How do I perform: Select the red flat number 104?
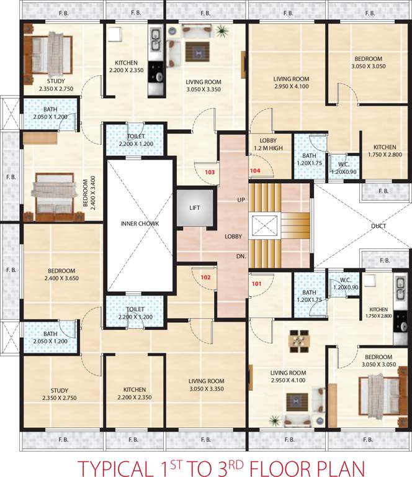point(256,170)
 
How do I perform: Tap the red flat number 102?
point(206,278)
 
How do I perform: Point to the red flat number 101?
point(256,284)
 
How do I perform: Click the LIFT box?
point(195,207)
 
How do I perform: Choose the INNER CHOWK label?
point(140,224)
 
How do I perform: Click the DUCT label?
point(378,226)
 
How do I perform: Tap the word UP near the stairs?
point(241,200)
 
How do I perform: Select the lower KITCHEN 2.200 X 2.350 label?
point(135,394)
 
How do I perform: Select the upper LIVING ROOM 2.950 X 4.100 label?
point(292,83)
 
